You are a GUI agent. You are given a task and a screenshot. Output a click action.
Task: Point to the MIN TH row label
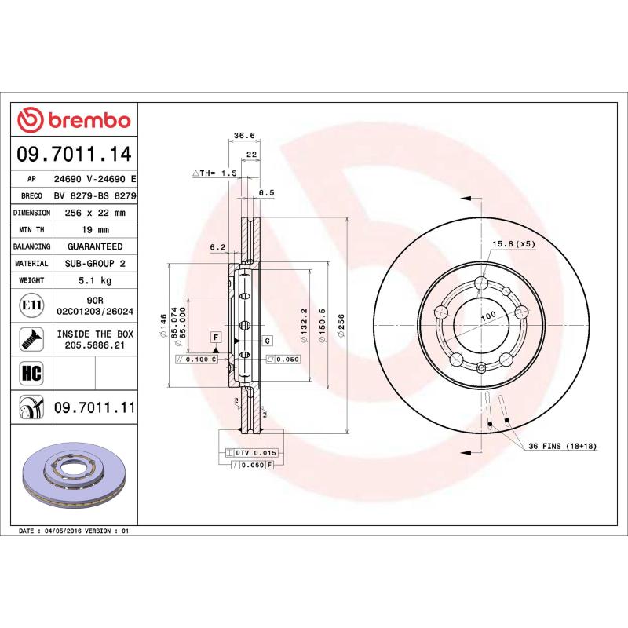pos(32,230)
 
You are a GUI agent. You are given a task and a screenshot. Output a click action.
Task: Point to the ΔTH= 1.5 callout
pos(214,173)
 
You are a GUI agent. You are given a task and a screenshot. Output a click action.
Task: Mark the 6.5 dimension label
pos(266,192)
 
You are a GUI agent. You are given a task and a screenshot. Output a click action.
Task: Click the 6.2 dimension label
pos(217,248)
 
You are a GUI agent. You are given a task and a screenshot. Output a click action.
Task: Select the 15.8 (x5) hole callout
pos(513,244)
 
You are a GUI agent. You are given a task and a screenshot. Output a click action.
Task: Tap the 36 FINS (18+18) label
pos(562,446)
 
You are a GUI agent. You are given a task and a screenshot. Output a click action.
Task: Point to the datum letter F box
pos(214,337)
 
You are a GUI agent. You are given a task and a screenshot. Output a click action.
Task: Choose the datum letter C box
pos(267,340)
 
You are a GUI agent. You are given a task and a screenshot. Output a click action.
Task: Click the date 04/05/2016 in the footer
pos(67,531)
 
